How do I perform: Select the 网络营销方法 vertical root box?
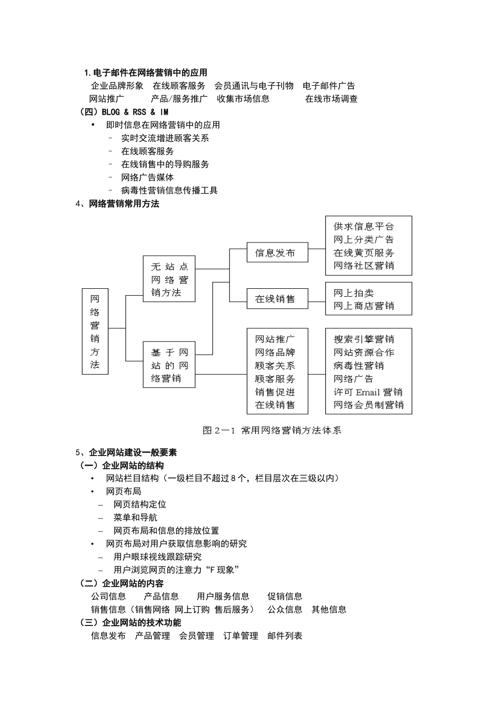click(95, 331)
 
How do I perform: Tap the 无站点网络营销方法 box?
click(169, 279)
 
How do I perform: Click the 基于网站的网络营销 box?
click(169, 365)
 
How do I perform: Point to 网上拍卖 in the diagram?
click(354, 293)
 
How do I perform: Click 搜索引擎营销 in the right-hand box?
click(364, 339)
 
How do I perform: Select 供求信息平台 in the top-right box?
click(364, 227)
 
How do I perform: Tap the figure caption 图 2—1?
click(272, 430)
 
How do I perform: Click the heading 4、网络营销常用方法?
click(118, 204)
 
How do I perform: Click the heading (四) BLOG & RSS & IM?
click(124, 112)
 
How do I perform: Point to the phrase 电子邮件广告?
click(329, 86)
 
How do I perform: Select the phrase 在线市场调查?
click(332, 99)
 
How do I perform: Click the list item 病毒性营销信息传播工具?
click(169, 190)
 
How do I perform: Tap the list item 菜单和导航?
click(135, 518)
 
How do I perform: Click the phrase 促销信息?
click(285, 597)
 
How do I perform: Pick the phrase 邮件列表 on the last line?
click(285, 636)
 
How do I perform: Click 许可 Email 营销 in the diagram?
click(368, 392)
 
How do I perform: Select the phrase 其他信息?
click(329, 610)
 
